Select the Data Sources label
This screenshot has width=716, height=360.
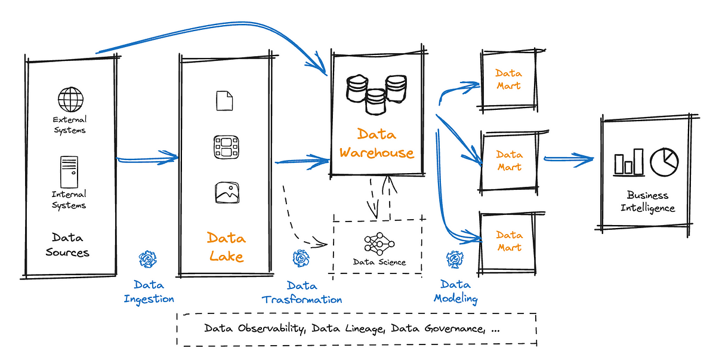67,244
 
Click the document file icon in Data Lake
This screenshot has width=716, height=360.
224,100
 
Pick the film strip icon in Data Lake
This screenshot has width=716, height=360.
226,146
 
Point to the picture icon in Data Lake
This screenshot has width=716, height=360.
226,193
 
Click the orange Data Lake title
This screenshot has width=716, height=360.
226,247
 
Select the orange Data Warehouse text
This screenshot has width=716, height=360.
376,144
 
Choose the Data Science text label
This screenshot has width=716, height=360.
379,262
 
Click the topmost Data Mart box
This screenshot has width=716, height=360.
508,79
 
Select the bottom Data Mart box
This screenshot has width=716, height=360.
508,241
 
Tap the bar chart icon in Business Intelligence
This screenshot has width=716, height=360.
629,163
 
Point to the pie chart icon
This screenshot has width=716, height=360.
664,162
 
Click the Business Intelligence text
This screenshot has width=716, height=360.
647,202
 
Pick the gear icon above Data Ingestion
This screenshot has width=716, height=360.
147,259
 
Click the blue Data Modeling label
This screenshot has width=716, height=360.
456,292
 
